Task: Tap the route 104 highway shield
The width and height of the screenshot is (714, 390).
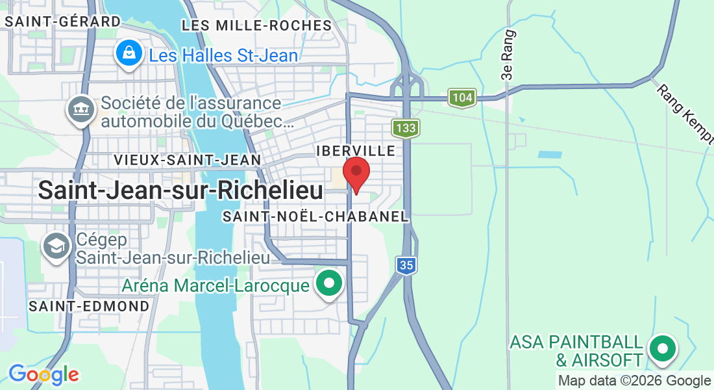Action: point(462,98)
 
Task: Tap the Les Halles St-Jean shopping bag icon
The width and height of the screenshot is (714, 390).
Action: point(129,53)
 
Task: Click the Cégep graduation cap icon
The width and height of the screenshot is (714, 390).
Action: point(56,246)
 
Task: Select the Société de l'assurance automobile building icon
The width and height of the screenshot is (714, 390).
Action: point(81,109)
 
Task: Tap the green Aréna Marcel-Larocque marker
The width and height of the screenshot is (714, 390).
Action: point(329,284)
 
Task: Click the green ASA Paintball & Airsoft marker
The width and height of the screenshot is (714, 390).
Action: point(662,349)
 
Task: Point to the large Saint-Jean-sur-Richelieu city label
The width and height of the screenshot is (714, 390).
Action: point(180,190)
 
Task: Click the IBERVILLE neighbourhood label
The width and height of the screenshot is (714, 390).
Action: point(356,151)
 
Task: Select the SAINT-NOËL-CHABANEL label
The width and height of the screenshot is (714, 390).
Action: point(315,216)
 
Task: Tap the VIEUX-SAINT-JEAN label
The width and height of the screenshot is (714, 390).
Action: point(187,159)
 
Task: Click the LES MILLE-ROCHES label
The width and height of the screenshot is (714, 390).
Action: point(257,25)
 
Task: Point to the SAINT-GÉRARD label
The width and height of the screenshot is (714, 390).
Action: point(63,21)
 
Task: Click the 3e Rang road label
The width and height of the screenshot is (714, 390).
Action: point(508,55)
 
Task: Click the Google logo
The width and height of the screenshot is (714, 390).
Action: point(43,374)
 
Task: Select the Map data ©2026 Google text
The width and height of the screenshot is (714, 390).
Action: point(634,381)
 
